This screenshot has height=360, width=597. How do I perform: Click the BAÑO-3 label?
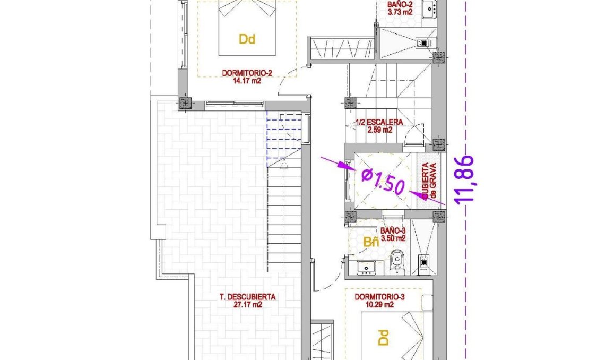tap(393, 231)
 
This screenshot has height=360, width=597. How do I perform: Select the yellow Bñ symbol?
tap(371, 243)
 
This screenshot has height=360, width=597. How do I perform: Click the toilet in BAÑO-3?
tap(396, 263)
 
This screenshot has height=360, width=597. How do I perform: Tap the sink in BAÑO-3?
tap(365, 267)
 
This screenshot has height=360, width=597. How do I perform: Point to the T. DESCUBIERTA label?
tap(248, 297)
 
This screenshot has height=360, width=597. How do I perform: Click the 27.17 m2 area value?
tap(248, 305)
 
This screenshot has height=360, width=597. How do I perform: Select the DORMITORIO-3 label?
tap(379, 297)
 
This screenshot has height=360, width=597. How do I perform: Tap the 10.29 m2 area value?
tap(379, 305)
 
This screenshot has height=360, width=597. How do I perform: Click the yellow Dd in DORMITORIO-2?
tap(247, 39)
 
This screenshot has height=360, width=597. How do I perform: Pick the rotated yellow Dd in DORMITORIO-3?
tap(383, 338)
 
